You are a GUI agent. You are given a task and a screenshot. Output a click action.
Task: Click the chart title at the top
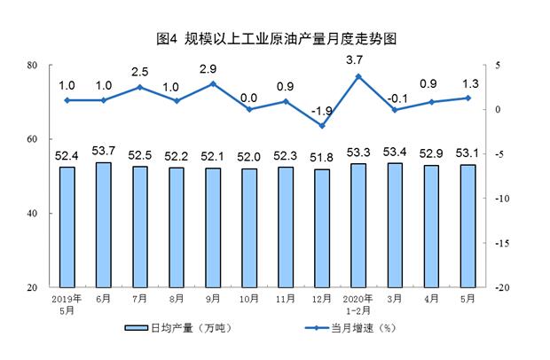pos(275,40)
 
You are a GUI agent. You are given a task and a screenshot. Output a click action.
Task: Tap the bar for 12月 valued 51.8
pos(321,229)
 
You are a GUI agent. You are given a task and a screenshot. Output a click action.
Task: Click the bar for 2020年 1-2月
pos(358,226)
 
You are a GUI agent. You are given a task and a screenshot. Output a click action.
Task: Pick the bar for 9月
pos(213,228)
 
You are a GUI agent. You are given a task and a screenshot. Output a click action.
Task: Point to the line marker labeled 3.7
pos(358,76)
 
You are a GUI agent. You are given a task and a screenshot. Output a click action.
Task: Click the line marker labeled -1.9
pos(321,126)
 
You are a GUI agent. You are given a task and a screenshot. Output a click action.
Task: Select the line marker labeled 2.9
pos(213,83)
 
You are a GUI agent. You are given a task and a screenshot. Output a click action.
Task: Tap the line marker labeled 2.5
pos(140,87)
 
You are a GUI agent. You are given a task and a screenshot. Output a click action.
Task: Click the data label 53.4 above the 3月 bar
pos(395,155)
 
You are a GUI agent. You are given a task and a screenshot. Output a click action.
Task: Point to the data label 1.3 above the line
pos(467,85)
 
